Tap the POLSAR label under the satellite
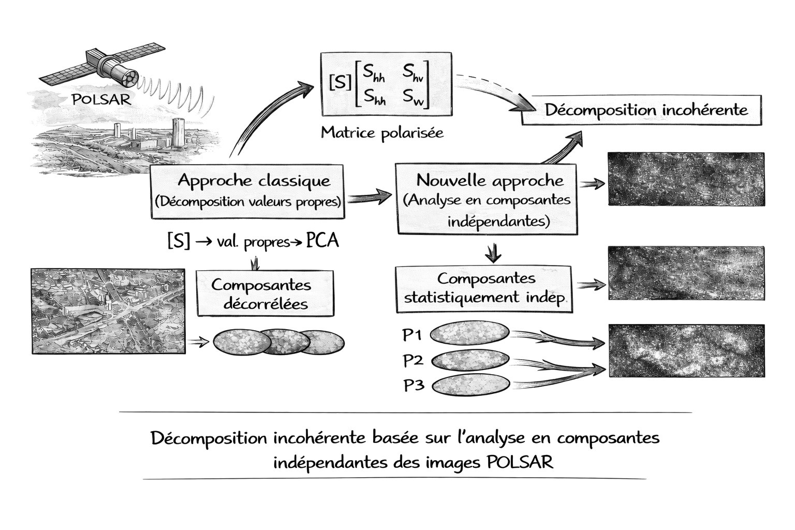101,99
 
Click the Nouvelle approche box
486,199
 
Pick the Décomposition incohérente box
642,110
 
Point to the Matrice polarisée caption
382,133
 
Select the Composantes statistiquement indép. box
484,289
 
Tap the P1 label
413,335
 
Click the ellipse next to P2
470,360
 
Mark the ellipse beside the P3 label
470,385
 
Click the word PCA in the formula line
322,241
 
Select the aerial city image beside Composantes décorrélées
108,311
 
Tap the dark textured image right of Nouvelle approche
686,179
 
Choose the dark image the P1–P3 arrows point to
686,350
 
